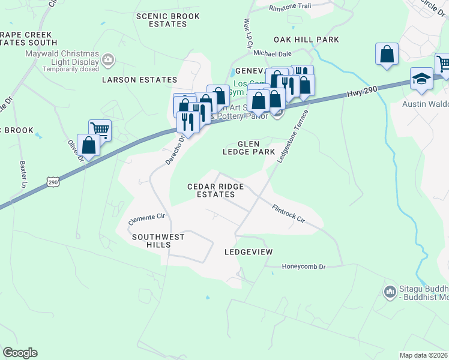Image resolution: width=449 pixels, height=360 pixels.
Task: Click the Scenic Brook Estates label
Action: pos(161,20)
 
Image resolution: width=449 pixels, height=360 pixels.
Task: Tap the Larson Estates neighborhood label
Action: pos(140,80)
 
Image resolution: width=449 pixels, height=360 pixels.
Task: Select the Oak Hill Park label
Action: pos(306,40)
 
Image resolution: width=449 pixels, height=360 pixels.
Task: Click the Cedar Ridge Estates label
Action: pos(215,191)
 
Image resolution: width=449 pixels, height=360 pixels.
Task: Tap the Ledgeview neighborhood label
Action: pos(249,252)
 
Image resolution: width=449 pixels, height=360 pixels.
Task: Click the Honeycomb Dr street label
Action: pos(303,266)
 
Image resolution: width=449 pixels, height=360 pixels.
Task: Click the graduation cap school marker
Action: pos(422,79)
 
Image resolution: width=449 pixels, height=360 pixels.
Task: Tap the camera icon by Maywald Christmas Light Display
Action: pos(108,59)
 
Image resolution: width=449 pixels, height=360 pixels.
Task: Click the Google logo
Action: pos(20,353)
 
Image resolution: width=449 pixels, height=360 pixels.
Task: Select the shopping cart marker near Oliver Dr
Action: pos(100,129)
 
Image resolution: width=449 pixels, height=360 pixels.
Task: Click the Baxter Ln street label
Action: pos(23,174)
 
